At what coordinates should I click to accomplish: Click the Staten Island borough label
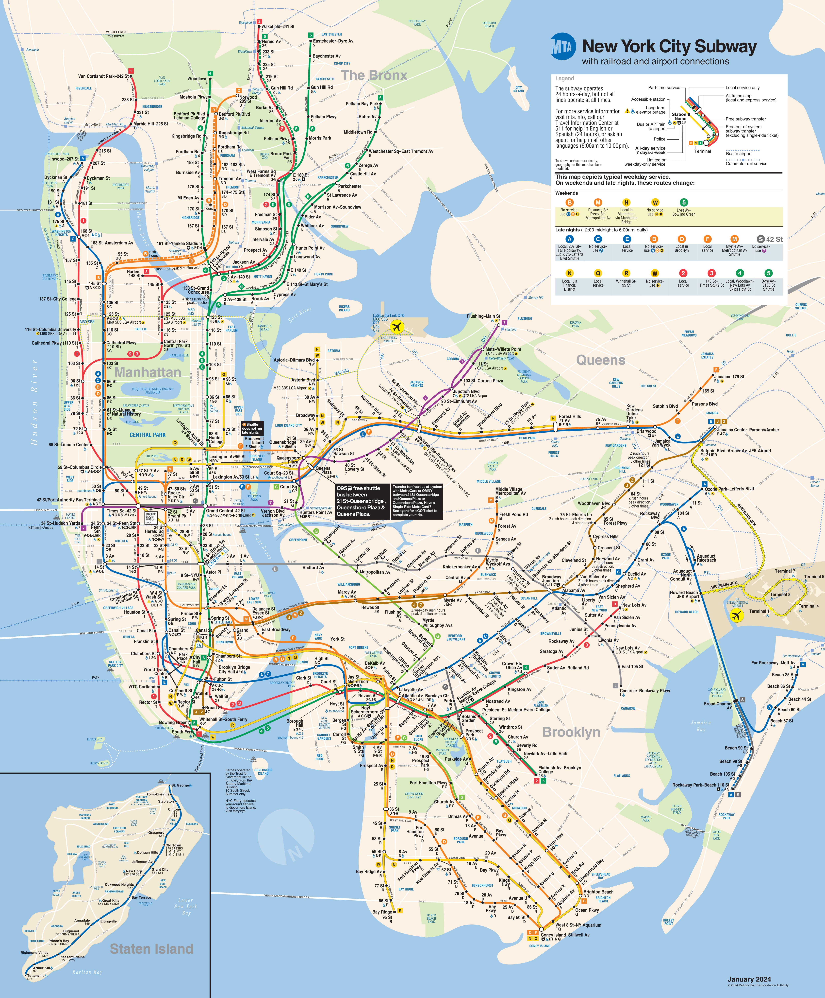tap(151, 949)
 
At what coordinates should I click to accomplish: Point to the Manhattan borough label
tap(148, 372)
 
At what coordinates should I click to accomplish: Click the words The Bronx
tap(374, 75)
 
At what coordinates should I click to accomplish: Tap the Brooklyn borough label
tap(571, 732)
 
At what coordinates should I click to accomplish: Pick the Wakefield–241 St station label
tap(278, 27)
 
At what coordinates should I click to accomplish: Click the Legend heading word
tap(565, 78)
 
